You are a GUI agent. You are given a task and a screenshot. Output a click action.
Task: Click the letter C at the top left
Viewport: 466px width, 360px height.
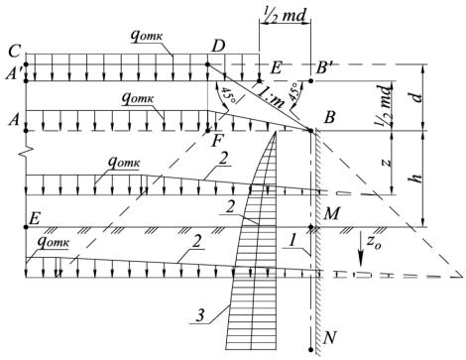click(x=14, y=52)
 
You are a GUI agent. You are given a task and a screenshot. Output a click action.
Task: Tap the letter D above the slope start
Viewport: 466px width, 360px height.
click(x=218, y=47)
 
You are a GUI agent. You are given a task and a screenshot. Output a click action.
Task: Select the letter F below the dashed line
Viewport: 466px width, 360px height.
click(x=217, y=142)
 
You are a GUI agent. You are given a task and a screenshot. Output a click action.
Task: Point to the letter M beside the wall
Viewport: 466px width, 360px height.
click(x=331, y=214)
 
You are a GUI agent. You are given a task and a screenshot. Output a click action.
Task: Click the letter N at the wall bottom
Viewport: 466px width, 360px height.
click(x=330, y=337)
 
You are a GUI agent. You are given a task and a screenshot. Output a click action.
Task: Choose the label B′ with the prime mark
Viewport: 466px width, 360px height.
click(x=325, y=69)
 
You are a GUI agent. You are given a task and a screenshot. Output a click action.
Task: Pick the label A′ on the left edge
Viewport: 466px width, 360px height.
click(x=14, y=74)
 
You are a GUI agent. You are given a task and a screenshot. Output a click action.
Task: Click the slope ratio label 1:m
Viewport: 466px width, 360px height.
click(x=271, y=96)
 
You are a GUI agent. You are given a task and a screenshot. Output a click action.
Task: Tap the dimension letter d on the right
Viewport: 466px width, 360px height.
click(x=417, y=97)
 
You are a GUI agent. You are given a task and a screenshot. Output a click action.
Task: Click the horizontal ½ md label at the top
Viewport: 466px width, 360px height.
click(x=285, y=15)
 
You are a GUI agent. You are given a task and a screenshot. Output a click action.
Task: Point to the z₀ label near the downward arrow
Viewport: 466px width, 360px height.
click(x=374, y=244)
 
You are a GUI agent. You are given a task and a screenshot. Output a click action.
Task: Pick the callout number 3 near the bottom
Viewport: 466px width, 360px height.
click(x=200, y=316)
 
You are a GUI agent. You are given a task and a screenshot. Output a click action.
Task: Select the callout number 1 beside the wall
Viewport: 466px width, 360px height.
click(x=291, y=241)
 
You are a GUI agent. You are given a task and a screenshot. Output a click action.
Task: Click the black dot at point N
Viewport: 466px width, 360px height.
click(x=310, y=349)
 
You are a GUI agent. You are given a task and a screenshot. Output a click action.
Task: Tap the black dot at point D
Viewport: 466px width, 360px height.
click(x=207, y=64)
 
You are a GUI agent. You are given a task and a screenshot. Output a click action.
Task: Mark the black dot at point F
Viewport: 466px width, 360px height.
click(x=208, y=131)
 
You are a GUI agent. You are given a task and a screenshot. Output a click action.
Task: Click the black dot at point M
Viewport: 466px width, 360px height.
click(x=310, y=227)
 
